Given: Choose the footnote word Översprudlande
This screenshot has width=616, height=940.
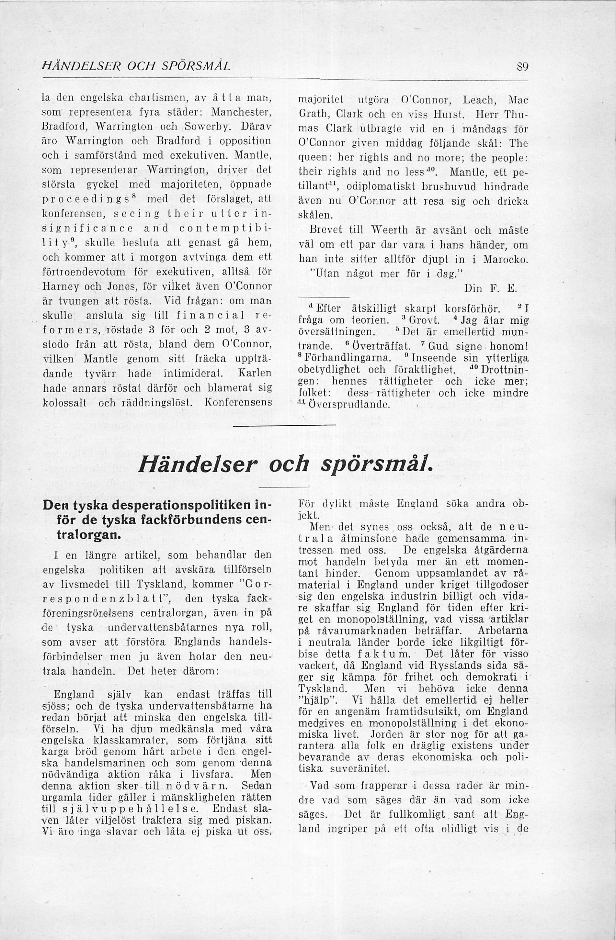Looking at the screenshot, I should click(348, 405).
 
